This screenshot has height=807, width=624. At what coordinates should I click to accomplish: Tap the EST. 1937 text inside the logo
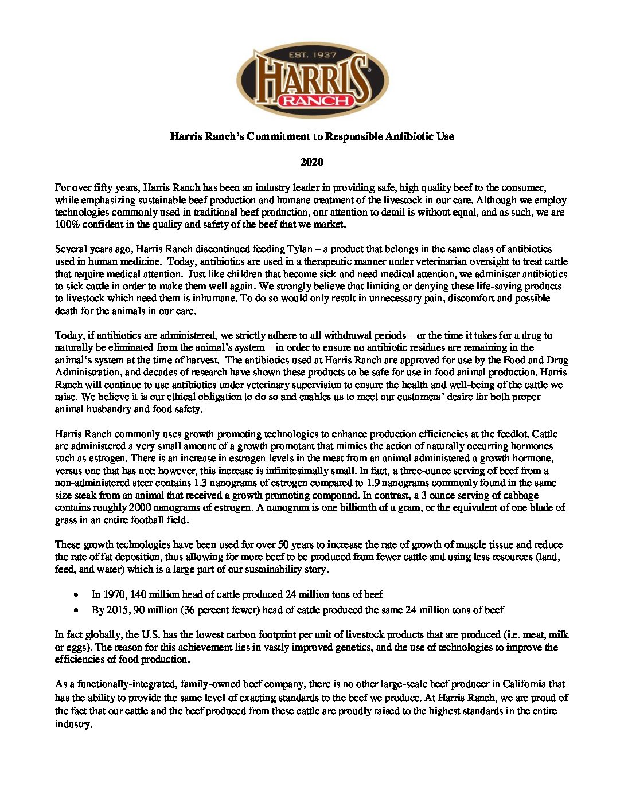click(313, 56)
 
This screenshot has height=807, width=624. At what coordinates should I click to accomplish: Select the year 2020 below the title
click(312, 162)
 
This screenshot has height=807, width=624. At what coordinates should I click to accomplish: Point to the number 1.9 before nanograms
click(375, 483)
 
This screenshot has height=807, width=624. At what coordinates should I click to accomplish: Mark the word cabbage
click(518, 495)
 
